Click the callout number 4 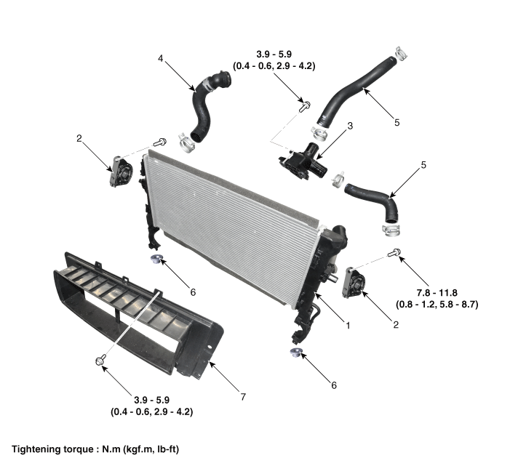[161, 58]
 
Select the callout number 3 [350, 126]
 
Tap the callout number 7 [243, 397]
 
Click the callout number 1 [348, 325]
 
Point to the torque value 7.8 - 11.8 [437, 293]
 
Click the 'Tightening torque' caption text [53, 449]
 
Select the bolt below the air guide [100, 361]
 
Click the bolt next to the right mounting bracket [394, 252]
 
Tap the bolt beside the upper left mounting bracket [160, 142]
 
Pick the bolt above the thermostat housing [305, 106]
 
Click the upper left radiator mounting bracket [121, 172]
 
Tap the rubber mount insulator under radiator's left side [156, 260]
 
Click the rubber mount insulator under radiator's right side [296, 353]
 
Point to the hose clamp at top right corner [402, 53]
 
